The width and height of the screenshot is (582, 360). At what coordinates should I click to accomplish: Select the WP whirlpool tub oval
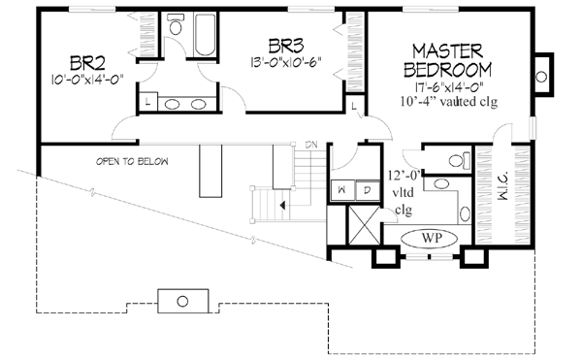(x=429, y=236)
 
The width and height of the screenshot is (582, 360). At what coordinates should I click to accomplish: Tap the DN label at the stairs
(x=311, y=146)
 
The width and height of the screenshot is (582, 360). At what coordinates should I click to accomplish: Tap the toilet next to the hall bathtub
(x=175, y=28)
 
